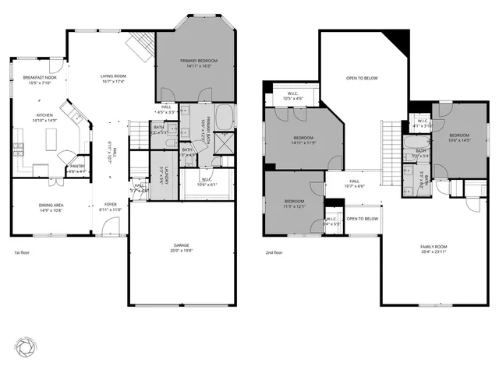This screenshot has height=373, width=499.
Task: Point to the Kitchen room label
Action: tap(44, 118)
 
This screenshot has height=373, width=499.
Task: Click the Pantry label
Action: tap(77, 168)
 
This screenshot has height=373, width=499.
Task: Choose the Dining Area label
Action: tap(51, 208)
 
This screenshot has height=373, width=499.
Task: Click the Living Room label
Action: tap(113, 79)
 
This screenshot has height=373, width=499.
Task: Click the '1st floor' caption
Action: tap(22, 253)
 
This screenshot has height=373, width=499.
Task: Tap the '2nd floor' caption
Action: tap(274, 253)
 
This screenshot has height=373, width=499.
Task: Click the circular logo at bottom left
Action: tap(27, 344)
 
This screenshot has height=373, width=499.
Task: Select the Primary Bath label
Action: tap(201, 128)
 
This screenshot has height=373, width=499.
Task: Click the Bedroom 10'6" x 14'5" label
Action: tap(458, 137)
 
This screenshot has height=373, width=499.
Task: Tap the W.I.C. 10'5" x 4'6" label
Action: tap(292, 97)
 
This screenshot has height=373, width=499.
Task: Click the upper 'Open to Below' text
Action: tap(362, 78)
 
